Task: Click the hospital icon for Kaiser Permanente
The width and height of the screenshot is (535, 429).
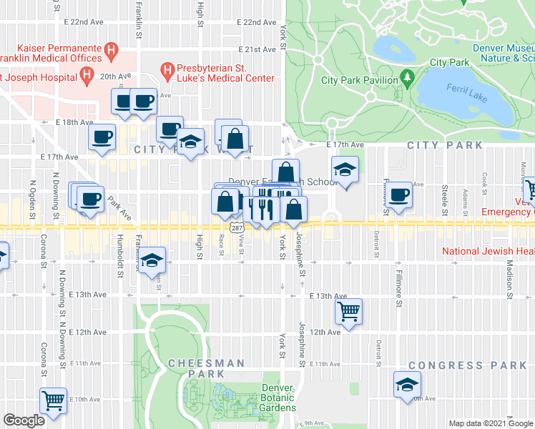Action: click(x=110, y=51)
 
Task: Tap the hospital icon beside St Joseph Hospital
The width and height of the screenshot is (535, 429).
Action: click(x=87, y=74)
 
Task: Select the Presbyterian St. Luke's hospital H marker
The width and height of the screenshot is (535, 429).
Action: click(x=167, y=71)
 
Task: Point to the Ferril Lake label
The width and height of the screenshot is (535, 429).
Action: click(x=466, y=94)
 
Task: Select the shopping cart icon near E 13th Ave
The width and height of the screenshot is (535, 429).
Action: click(x=348, y=310)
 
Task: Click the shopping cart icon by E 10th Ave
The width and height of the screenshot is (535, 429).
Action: click(x=54, y=400)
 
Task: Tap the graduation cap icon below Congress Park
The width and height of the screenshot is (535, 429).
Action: click(x=406, y=385)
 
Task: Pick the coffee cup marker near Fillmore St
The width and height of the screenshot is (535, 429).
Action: click(x=398, y=193)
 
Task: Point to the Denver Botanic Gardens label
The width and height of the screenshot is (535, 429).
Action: click(x=278, y=397)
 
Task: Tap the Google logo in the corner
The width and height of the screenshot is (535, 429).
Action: click(x=24, y=420)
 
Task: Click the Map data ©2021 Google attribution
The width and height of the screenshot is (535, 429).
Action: click(x=490, y=423)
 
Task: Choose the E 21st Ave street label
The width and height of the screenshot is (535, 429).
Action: click(x=259, y=49)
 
